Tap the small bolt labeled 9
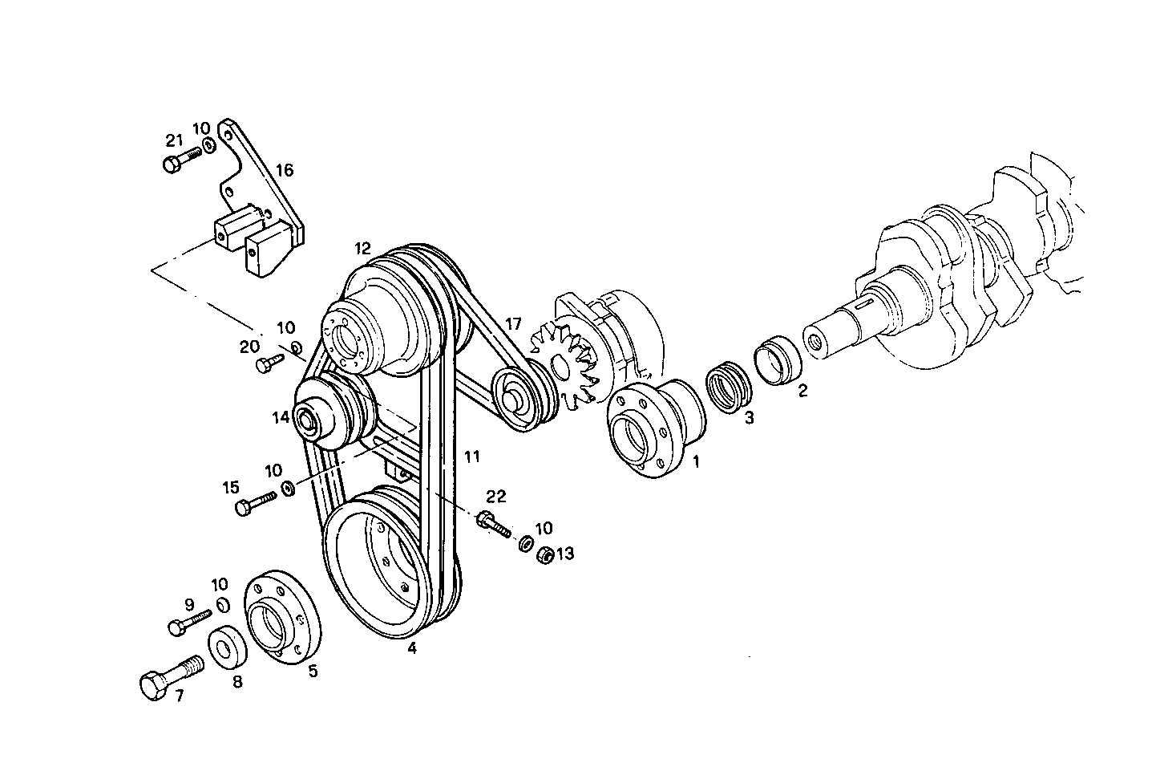click(188, 622)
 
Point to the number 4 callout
click(411, 648)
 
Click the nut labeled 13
click(543, 554)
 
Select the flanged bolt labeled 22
click(492, 524)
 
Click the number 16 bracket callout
click(285, 170)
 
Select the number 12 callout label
click(363, 248)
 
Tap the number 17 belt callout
click(513, 324)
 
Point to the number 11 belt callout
click(471, 457)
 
